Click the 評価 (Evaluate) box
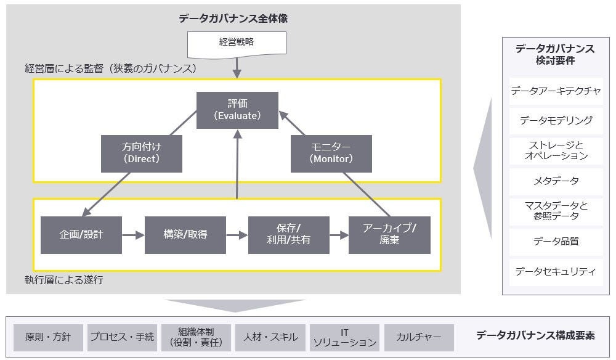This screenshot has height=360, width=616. click(x=237, y=110)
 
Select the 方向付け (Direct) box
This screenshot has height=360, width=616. click(x=141, y=153)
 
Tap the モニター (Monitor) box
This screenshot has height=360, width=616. click(x=331, y=153)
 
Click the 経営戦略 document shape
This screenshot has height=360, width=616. click(x=237, y=44)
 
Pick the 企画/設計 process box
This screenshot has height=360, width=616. click(x=81, y=235)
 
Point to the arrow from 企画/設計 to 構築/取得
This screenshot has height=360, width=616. click(x=132, y=235)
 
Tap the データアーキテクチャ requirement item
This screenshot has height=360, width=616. click(x=556, y=91)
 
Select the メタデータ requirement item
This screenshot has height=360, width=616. click(x=556, y=181)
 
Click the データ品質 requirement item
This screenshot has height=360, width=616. click(x=556, y=242)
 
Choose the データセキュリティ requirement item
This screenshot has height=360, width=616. click(x=556, y=271)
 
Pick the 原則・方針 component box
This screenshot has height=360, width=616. click(x=48, y=337)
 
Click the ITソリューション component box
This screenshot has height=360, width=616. click(x=344, y=337)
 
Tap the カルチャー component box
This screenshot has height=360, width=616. click(x=419, y=337)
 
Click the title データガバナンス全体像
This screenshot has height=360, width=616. click(x=233, y=18)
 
